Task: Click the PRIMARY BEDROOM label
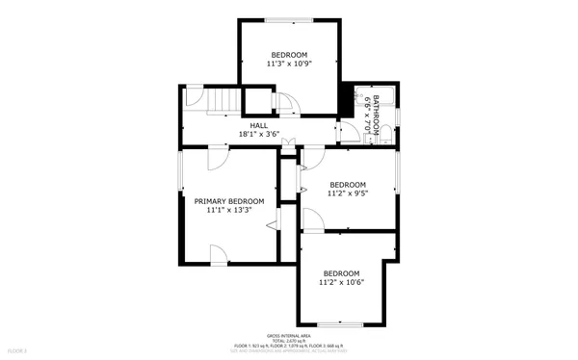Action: tap(229, 201)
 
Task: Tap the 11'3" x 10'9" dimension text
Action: tap(289, 64)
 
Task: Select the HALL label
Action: tap(259, 125)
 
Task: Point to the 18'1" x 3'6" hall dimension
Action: tap(259, 135)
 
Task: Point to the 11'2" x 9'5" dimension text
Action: tap(348, 193)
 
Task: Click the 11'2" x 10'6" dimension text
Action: tap(341, 282)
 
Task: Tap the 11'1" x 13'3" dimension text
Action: tap(229, 210)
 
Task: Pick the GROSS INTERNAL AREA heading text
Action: tap(288, 336)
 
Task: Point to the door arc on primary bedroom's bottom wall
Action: tap(220, 254)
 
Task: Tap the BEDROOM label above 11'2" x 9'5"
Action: tap(348, 185)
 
